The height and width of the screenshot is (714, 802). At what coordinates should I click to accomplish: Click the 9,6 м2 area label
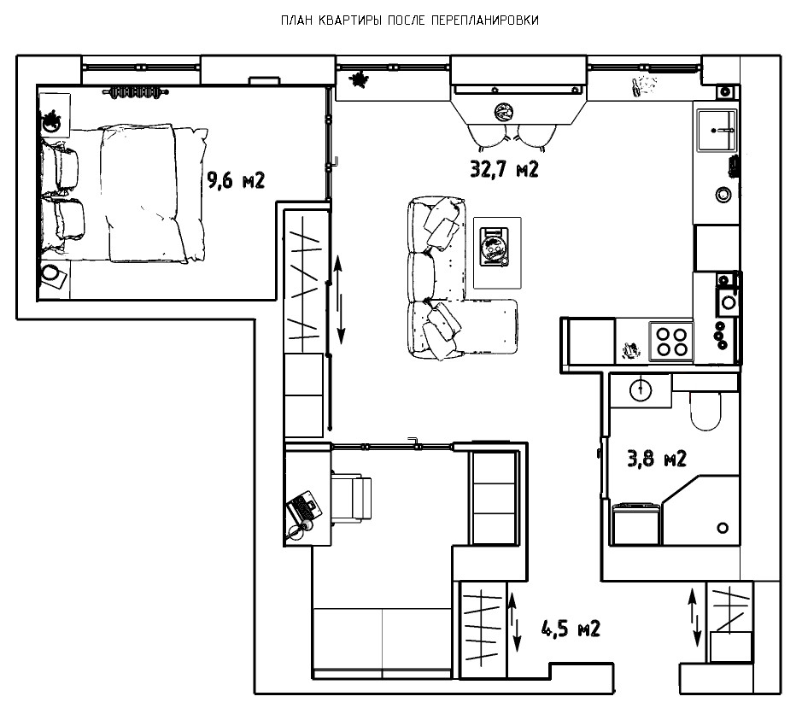[236, 180]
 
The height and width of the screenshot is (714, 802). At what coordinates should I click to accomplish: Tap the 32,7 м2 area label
[504, 169]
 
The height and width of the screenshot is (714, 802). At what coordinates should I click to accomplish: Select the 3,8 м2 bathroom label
[657, 459]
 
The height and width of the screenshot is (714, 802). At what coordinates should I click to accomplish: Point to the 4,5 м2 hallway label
[571, 629]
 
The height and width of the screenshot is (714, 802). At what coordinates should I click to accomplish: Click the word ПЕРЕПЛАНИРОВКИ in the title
[485, 20]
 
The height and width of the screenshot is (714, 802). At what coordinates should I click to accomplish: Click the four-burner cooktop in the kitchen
[671, 342]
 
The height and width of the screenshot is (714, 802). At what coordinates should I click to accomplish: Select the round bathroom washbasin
[641, 389]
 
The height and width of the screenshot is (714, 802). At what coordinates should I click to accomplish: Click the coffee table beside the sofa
[497, 253]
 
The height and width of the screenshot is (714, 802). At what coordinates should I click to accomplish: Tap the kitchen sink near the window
[717, 131]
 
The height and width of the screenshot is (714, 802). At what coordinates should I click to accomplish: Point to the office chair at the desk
[351, 498]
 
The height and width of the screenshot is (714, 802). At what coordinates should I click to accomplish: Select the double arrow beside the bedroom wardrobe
[339, 301]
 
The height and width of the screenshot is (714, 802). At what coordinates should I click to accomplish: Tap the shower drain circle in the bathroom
[723, 527]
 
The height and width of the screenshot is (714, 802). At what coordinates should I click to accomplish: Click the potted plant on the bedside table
[51, 122]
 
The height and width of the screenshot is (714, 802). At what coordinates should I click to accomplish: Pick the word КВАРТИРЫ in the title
[350, 20]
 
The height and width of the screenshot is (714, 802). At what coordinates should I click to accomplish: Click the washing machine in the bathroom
[635, 524]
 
